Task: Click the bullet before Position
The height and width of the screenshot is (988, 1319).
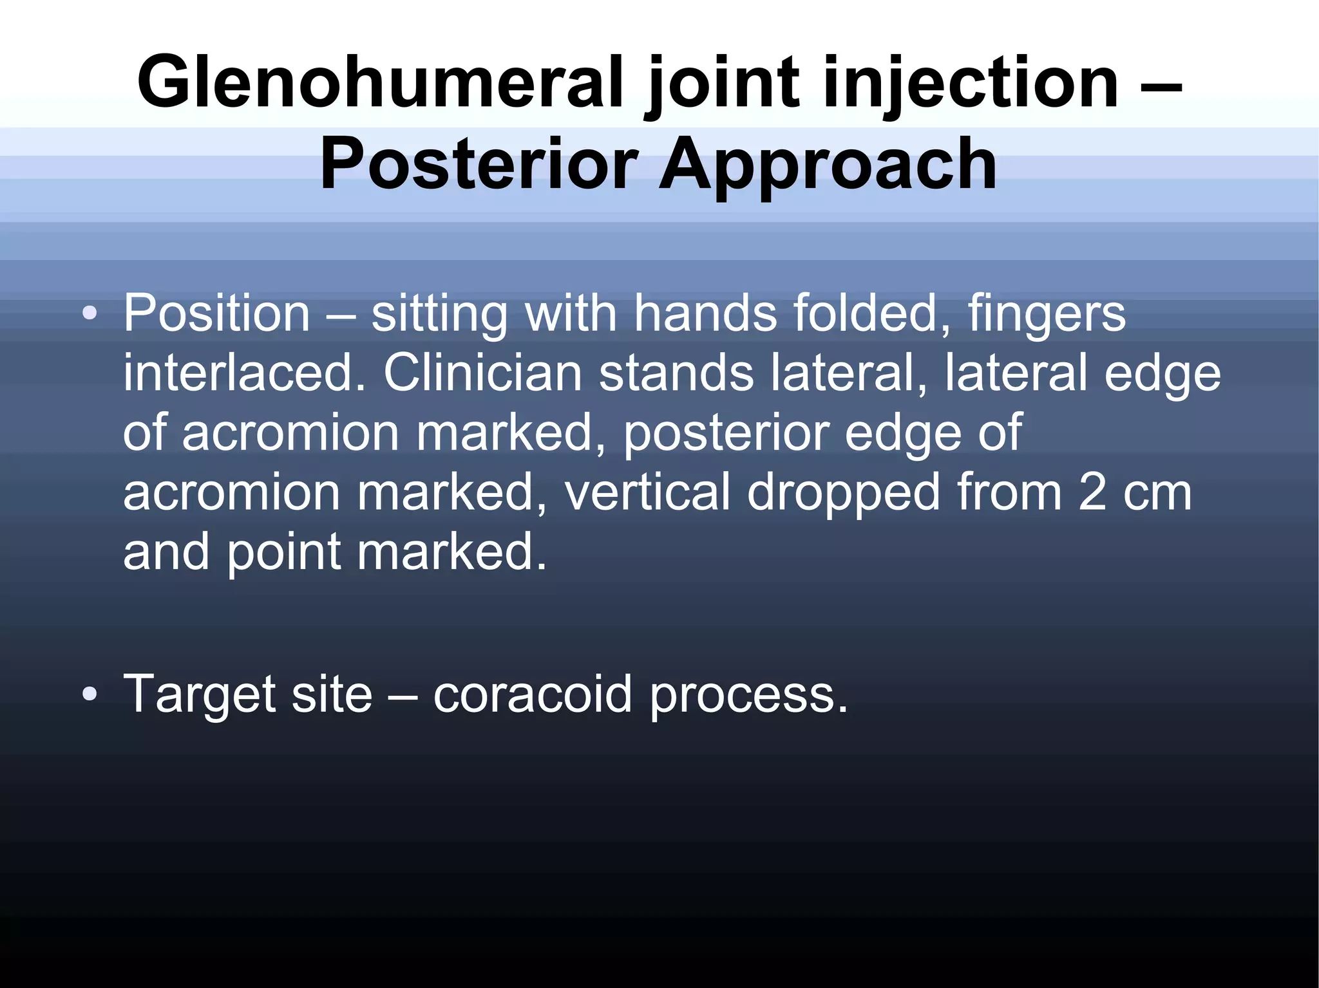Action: [90, 314]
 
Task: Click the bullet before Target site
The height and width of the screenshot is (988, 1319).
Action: [90, 694]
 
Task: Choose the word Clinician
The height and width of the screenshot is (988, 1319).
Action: [483, 373]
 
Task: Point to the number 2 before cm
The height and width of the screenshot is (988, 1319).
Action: [1092, 492]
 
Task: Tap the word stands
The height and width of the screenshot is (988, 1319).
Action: [676, 373]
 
